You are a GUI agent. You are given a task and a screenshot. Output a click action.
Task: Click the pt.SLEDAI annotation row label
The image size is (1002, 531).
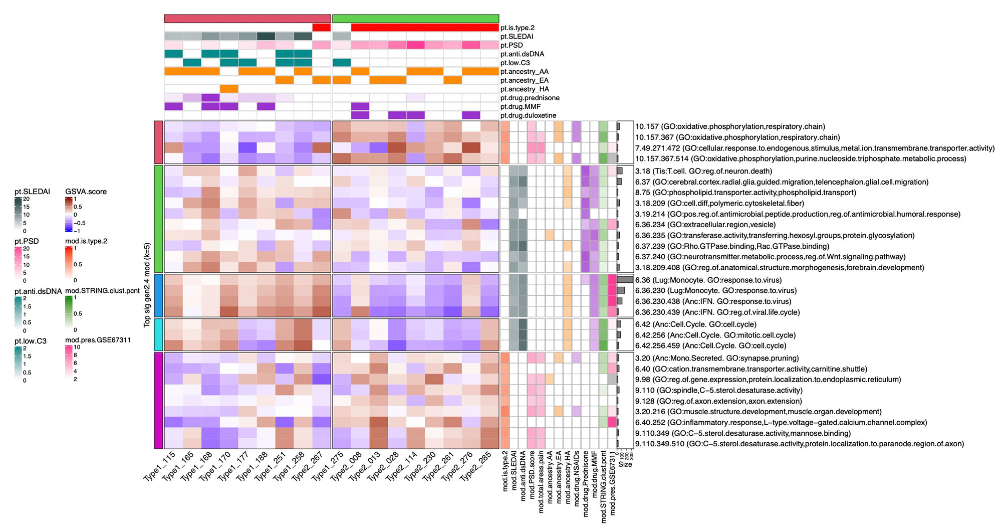tap(517, 37)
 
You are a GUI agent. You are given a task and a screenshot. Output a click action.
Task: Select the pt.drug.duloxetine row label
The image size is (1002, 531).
tap(528, 115)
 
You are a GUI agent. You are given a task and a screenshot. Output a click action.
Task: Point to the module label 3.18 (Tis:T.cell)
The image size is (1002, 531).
tap(703, 171)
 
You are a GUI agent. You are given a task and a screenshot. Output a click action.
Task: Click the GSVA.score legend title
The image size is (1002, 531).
tap(86, 192)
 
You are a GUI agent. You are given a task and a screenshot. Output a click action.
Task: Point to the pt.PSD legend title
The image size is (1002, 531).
tap(27, 241)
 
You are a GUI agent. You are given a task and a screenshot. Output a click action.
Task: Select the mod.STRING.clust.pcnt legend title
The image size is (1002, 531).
tap(102, 291)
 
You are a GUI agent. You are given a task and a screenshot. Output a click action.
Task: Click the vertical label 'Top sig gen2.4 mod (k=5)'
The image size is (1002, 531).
tap(147, 285)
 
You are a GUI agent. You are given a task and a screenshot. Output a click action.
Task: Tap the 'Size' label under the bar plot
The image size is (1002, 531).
tap(625, 464)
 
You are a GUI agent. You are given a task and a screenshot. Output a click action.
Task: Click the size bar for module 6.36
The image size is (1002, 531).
tap(625, 280)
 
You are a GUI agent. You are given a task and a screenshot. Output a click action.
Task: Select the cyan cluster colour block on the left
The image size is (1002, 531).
tap(158, 334)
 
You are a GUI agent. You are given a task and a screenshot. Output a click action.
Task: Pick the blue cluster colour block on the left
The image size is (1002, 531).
tap(158, 295)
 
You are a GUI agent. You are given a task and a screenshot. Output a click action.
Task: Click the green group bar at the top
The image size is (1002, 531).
tap(415, 19)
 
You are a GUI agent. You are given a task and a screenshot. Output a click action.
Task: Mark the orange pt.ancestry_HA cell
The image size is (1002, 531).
tap(229, 89)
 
